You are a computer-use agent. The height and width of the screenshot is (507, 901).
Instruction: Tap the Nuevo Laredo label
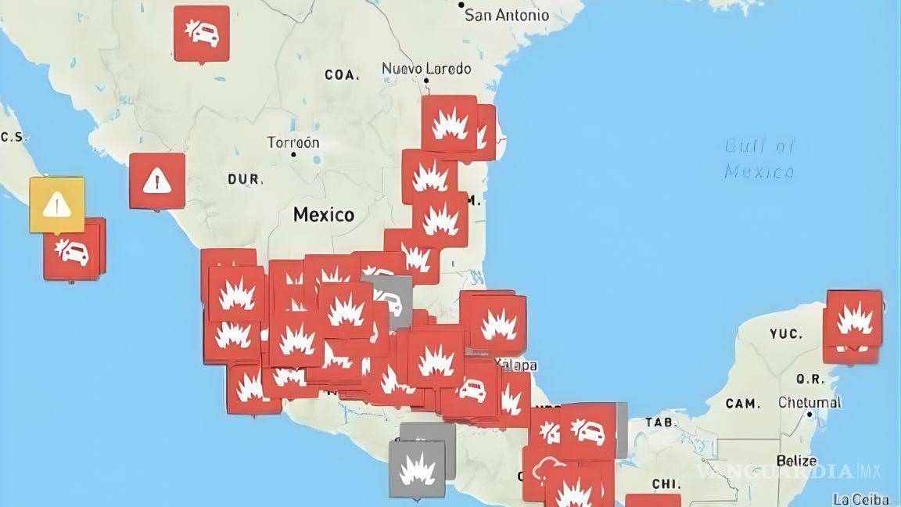tap(426, 69)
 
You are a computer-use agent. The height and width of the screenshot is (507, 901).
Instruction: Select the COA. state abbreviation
tap(342, 75)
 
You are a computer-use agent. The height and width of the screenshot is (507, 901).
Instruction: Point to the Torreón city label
tap(293, 143)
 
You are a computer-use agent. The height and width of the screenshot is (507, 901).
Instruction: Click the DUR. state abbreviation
tap(245, 180)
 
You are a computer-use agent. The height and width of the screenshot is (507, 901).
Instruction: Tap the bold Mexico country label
tap(323, 214)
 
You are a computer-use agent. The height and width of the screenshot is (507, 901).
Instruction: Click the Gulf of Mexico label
tap(759, 158)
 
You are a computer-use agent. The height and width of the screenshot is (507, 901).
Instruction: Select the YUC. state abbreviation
tap(785, 334)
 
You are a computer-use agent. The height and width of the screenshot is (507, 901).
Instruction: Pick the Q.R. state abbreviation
tap(810, 379)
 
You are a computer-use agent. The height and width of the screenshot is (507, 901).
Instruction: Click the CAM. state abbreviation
tap(742, 404)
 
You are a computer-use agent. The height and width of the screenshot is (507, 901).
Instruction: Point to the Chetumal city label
tap(809, 403)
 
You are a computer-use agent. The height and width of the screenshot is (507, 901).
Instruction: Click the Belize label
tap(796, 461)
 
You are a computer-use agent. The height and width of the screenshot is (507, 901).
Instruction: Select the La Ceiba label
tap(860, 499)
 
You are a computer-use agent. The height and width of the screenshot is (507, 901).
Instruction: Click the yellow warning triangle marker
tap(57, 204)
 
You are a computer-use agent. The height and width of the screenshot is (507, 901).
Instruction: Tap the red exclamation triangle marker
tap(157, 181)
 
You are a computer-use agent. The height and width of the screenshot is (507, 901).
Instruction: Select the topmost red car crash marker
tap(202, 33)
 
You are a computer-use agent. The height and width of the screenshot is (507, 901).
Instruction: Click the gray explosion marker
tap(417, 469)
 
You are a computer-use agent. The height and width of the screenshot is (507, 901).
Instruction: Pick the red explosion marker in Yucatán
tap(854, 319)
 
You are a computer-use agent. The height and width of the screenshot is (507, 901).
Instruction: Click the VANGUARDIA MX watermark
tap(790, 472)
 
